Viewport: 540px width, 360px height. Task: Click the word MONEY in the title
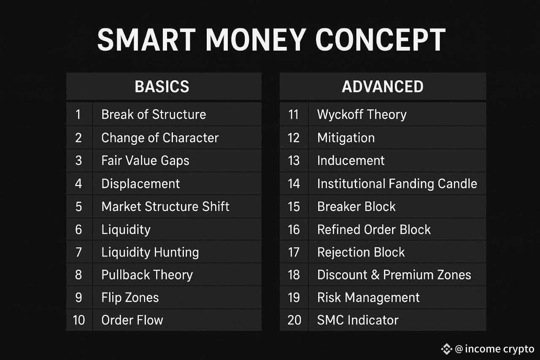[256, 40]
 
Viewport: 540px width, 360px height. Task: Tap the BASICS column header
[162, 87]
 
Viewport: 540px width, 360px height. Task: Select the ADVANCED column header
[383, 87]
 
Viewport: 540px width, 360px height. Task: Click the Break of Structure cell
[154, 114]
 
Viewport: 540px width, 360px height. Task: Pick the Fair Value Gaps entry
[145, 161]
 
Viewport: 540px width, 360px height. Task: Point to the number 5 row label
[78, 207]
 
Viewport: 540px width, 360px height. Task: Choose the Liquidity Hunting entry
[150, 252]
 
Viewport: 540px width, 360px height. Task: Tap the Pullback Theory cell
[147, 275]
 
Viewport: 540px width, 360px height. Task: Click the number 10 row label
[78, 320]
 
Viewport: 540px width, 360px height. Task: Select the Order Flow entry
[132, 320]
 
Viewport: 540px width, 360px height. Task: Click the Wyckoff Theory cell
[362, 114]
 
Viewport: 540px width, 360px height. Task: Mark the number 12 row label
[294, 138]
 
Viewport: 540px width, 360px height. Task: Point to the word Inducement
[351, 161]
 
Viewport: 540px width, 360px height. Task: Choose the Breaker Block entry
[356, 207]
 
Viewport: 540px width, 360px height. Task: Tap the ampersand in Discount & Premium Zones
[375, 275]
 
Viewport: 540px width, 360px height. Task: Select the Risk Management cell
[368, 298]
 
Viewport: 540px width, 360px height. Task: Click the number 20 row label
[294, 320]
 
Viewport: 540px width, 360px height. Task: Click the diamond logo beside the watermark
[446, 349]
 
